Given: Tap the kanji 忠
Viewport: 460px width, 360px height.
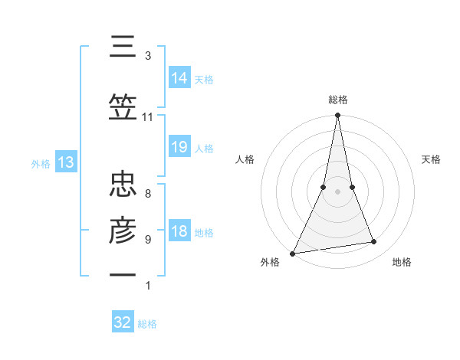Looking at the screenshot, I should (x=123, y=185).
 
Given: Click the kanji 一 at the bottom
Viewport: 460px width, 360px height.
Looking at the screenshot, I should (x=123, y=274).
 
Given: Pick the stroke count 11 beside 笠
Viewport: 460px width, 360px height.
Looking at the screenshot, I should (x=147, y=117).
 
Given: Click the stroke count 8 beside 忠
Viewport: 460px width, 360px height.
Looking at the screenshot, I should (x=147, y=193).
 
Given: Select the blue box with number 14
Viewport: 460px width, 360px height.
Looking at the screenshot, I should (x=179, y=78).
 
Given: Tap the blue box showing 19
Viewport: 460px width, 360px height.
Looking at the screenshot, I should (x=179, y=147).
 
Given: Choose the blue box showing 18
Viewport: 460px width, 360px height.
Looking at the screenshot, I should (x=179, y=231).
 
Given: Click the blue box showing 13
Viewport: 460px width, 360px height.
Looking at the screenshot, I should (x=65, y=162).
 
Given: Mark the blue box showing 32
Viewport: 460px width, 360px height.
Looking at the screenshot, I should (x=123, y=322).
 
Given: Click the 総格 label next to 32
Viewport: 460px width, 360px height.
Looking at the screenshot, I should (x=147, y=324).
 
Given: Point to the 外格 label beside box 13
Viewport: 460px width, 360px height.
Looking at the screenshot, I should (x=41, y=163).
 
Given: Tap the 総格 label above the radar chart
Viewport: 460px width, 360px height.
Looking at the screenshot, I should (x=337, y=100).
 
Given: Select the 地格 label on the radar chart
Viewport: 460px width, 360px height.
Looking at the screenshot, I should (x=402, y=262).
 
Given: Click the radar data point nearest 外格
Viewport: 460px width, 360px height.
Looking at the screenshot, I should (x=292, y=254).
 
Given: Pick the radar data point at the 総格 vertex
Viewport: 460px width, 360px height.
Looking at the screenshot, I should (x=337, y=116).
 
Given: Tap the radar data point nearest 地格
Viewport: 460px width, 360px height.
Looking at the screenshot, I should (x=374, y=242).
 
